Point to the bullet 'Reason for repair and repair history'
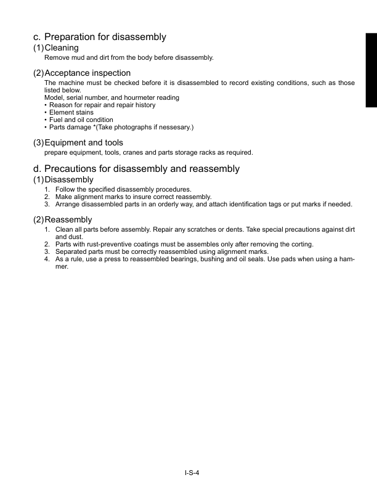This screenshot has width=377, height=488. click(x=102, y=105)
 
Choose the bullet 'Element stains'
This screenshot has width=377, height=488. click(x=70, y=112)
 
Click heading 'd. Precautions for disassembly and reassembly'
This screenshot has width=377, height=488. click(x=136, y=169)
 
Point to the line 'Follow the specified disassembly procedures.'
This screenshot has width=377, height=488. click(x=123, y=189)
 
